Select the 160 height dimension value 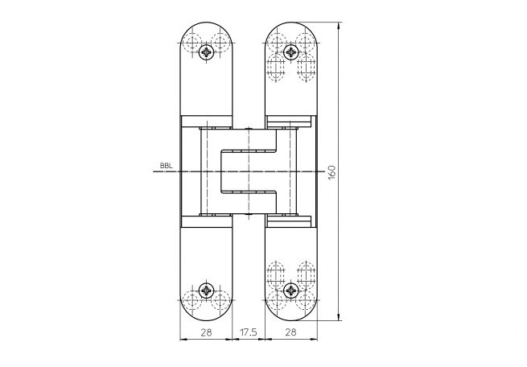click(330, 171)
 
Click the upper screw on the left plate click(207, 52)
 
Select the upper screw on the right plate click(290, 52)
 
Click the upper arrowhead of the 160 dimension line click(338, 25)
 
